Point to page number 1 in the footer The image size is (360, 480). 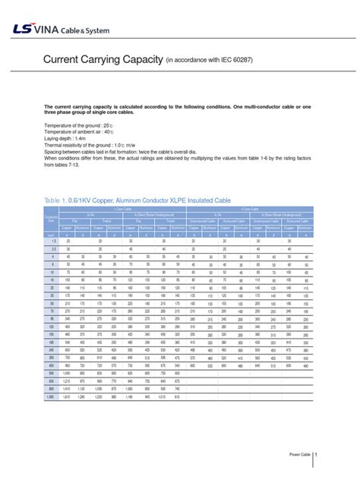[x=316, y=453]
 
